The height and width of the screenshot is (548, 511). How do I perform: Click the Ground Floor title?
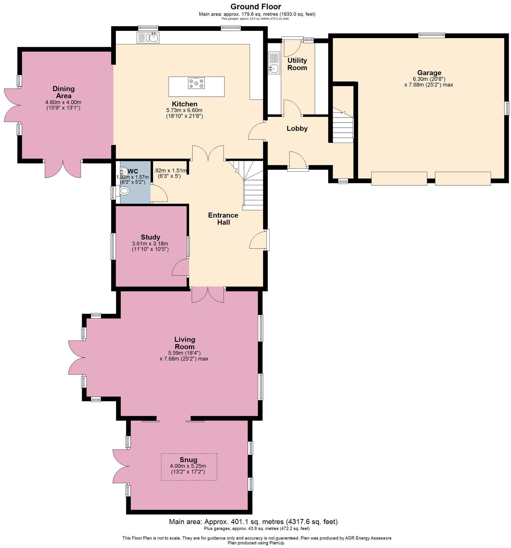(x=255, y=6)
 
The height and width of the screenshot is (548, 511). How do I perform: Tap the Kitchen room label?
(x=184, y=104)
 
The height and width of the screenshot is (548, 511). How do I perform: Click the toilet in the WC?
(x=125, y=191)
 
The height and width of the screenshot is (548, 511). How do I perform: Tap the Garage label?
(x=429, y=73)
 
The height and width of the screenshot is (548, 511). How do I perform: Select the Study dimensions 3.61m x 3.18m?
(x=150, y=244)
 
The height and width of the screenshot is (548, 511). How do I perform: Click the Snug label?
(x=188, y=459)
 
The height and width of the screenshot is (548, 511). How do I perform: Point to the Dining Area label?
(x=63, y=92)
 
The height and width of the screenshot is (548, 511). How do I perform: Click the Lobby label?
(x=297, y=129)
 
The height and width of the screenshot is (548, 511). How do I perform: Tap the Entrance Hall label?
(x=223, y=219)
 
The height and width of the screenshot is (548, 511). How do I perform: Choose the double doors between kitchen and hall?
(x=207, y=153)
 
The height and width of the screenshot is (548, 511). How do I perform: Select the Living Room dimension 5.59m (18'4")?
(x=184, y=353)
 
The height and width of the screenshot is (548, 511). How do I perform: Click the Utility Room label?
(x=297, y=64)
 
